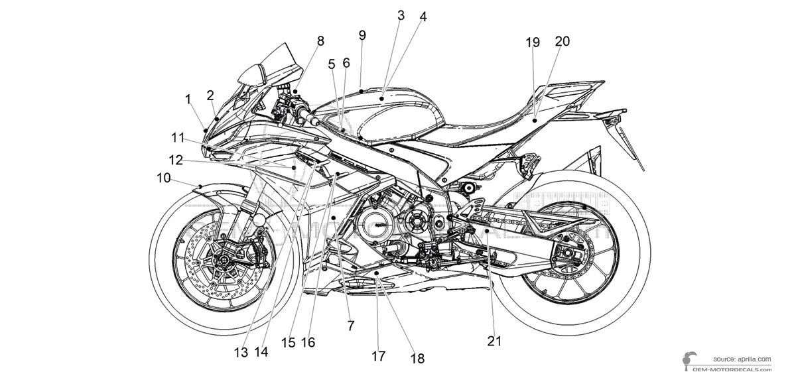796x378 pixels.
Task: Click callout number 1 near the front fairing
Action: [x=188, y=99]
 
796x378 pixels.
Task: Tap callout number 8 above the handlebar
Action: [x=320, y=41]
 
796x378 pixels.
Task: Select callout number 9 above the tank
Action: [x=362, y=35]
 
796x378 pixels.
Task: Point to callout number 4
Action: [x=423, y=17]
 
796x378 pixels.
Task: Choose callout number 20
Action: [x=562, y=41]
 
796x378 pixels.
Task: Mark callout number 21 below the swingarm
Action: [x=494, y=341]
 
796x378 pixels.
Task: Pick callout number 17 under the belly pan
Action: [x=378, y=356]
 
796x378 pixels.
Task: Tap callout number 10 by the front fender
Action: [x=163, y=178]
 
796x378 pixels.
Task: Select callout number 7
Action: [x=351, y=326]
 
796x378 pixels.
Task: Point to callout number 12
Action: [x=175, y=160]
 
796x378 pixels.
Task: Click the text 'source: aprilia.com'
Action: [x=742, y=358]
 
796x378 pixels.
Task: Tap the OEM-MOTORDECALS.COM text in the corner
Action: [x=736, y=369]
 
